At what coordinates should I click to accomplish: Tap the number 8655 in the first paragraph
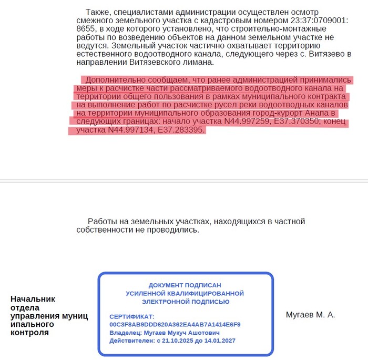(86, 29)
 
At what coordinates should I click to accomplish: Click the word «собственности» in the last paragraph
(102, 230)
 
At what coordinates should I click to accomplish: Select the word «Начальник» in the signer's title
(33, 299)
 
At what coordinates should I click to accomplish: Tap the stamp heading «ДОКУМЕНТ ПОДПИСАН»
(185, 285)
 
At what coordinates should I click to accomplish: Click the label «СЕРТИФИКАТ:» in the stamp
(132, 316)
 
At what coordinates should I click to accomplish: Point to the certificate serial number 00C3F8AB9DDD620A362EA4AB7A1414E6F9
(175, 324)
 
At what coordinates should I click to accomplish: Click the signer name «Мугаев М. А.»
(310, 315)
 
